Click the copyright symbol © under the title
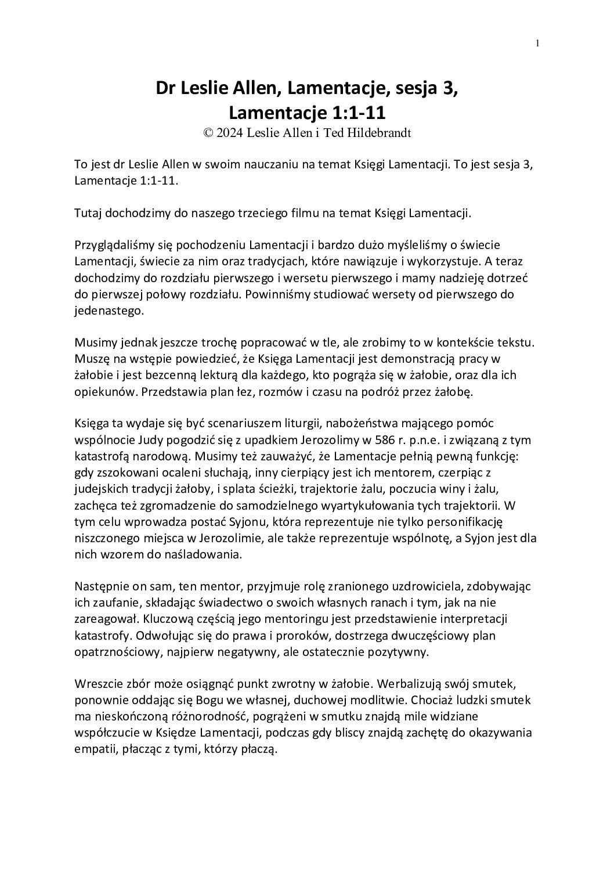point(208,132)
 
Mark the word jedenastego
point(108,310)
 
